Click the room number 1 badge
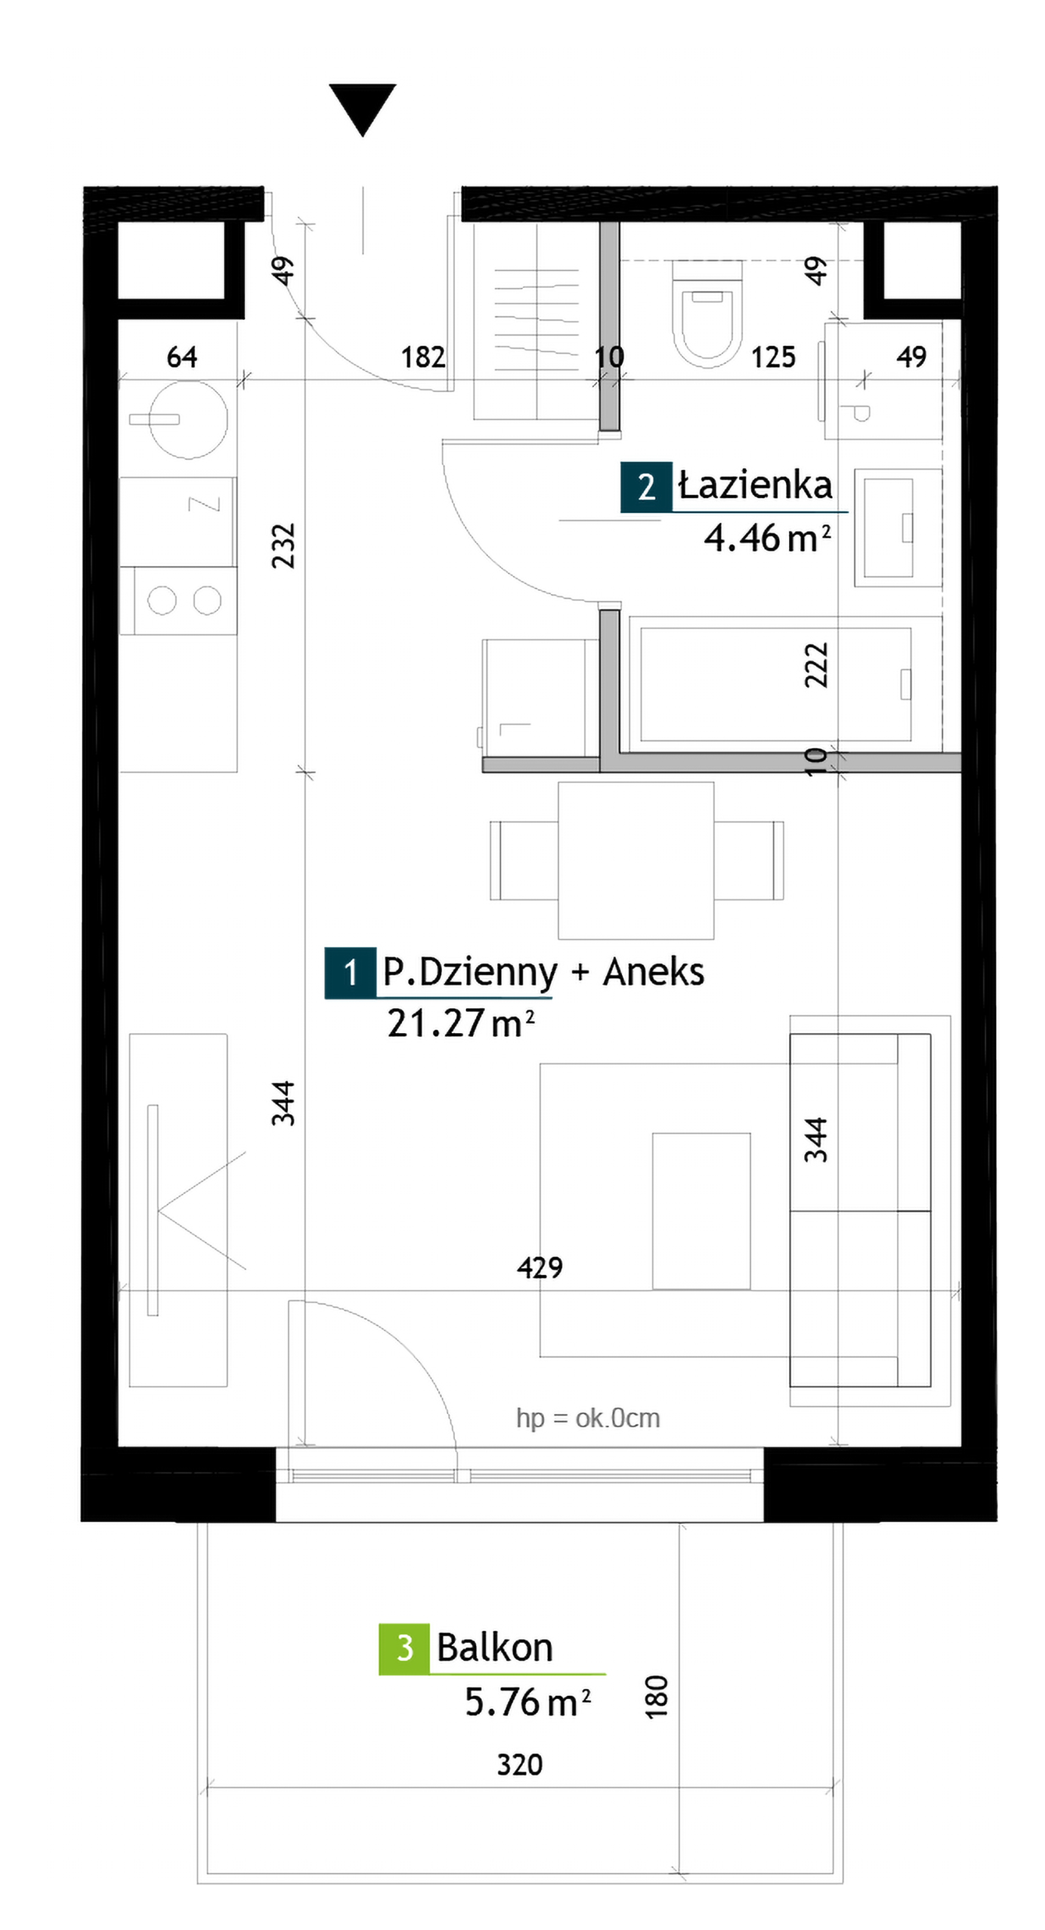click(350, 973)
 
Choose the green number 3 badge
click(404, 1648)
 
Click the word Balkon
click(494, 1648)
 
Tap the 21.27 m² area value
click(461, 1023)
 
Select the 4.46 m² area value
click(767, 538)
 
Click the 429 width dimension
click(540, 1268)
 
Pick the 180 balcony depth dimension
click(656, 1697)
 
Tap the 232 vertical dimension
click(283, 546)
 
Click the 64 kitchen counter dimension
click(182, 357)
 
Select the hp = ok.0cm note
click(588, 1418)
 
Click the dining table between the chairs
click(636, 860)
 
